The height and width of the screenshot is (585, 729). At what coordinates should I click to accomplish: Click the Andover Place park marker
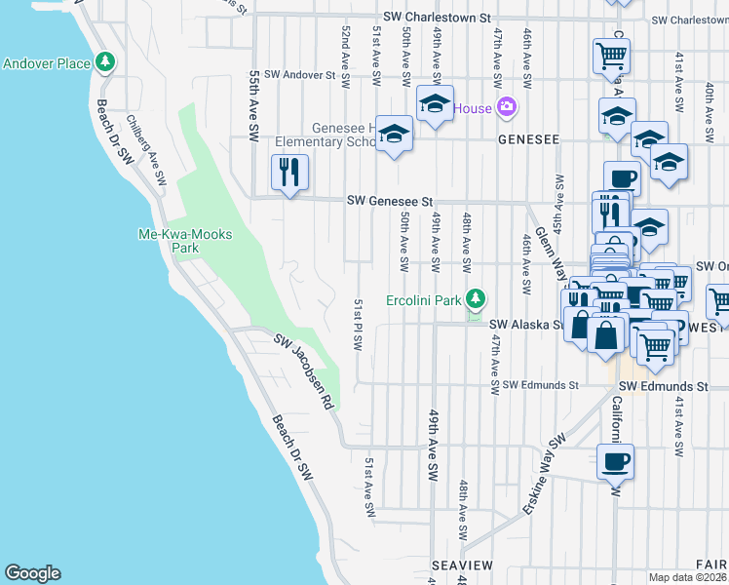pos(105,63)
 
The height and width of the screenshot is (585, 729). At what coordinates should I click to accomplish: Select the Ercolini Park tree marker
pos(475,298)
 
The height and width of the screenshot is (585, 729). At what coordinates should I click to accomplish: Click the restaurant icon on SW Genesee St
pos(289,173)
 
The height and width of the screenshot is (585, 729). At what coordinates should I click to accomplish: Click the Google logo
pos(32,573)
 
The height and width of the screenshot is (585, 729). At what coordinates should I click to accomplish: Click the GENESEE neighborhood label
pos(528,139)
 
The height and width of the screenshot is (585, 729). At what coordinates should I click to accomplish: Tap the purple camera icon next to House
pos(506,107)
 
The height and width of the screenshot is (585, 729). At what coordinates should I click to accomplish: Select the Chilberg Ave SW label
pos(147,151)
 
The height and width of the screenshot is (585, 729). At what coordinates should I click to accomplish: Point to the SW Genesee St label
pos(390,201)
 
